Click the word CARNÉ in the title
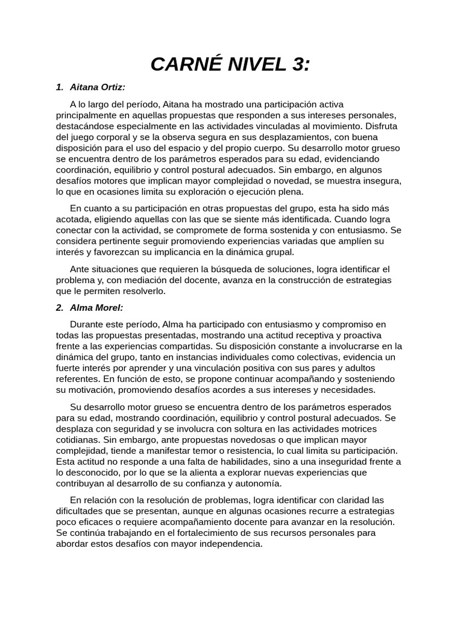(x=186, y=65)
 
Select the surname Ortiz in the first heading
(x=112, y=88)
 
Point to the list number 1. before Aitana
(x=59, y=88)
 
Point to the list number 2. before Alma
(x=59, y=307)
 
